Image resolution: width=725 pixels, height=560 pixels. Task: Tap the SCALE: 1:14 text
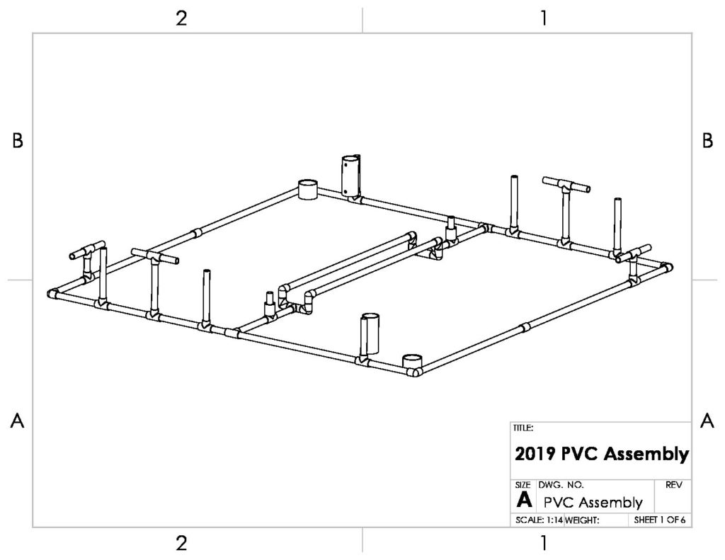pos(539,520)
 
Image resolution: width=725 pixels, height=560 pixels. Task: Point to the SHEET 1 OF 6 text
pos(660,520)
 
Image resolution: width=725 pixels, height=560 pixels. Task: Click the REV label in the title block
pos(674,485)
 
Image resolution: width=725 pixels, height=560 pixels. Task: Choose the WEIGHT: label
pos(582,520)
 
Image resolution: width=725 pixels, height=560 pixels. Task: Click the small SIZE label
pos(523,485)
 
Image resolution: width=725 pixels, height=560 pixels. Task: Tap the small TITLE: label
pos(523,428)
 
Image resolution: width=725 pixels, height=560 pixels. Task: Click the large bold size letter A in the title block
pos(524,500)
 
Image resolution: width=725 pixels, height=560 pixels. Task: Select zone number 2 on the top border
pos(181,18)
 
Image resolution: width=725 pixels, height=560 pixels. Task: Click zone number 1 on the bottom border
pos(544,543)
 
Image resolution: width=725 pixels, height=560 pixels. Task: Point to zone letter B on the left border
pos(18,141)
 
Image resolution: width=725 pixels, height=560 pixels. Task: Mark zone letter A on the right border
pos(707,421)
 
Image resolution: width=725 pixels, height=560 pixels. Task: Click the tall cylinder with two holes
pos(350,176)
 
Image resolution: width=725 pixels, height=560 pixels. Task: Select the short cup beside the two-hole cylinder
pos(307,190)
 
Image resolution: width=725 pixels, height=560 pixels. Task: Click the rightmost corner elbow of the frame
pos(666,268)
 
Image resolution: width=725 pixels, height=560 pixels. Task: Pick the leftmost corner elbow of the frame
pos(53,294)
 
